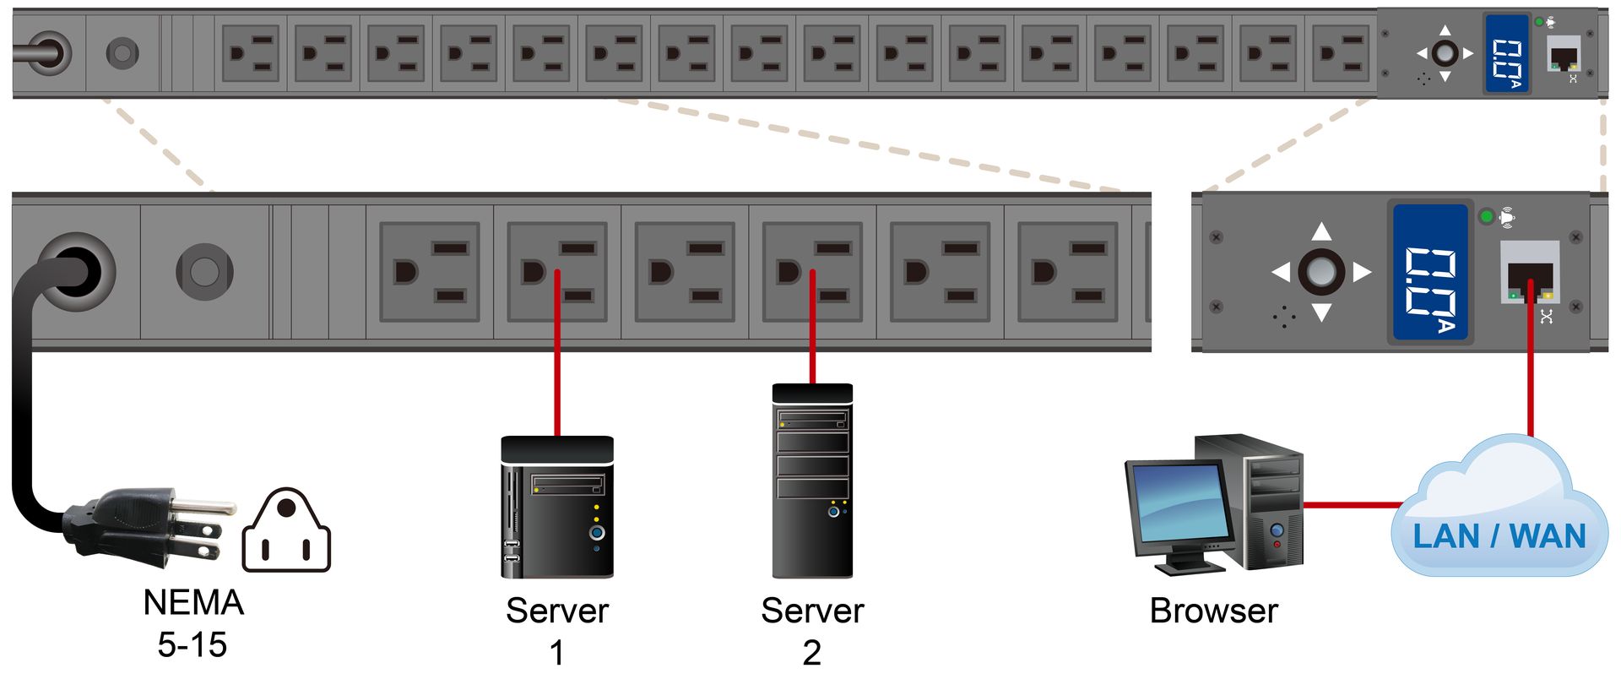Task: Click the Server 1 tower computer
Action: coord(557,507)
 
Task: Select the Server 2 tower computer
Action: coord(812,481)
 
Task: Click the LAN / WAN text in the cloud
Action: coord(1499,536)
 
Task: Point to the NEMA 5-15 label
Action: coord(193,623)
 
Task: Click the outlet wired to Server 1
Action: coord(557,272)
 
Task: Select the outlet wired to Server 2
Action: coord(812,272)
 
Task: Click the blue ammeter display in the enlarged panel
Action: coord(1430,272)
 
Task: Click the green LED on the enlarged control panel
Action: coord(1487,217)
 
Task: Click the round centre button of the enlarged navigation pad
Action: coord(1321,271)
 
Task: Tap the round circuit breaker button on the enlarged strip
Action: coord(204,271)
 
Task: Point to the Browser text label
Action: coord(1214,611)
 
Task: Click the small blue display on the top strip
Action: coord(1507,53)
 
